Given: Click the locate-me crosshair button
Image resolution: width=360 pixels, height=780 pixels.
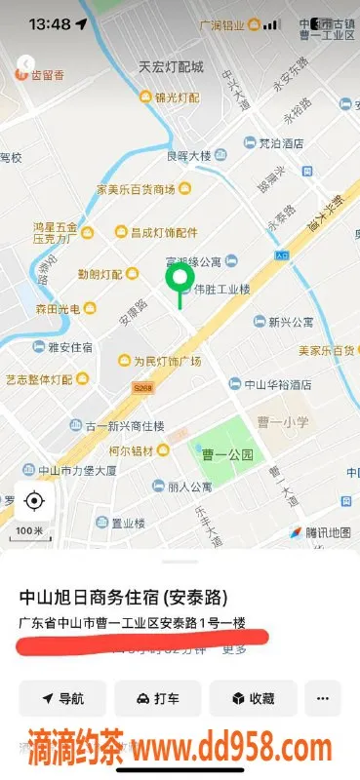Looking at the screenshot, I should [34, 501].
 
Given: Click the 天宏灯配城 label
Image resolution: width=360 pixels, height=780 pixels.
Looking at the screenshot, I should [170, 67].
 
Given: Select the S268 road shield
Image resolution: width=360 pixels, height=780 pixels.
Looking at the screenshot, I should [143, 387].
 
